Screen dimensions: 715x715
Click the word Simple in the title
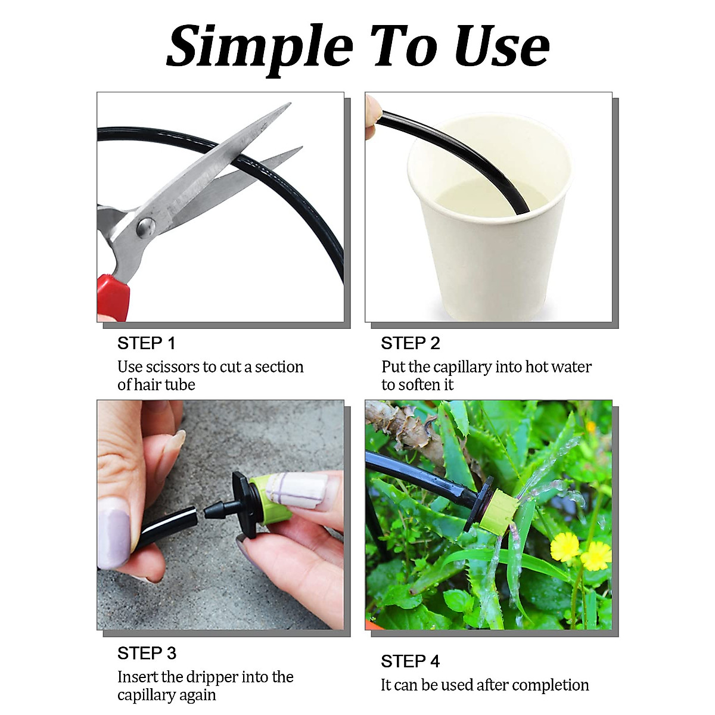pos(260,46)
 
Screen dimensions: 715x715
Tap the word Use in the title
pos(501,46)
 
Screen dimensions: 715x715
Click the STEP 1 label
pos(146,343)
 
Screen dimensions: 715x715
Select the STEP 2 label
pos(410,343)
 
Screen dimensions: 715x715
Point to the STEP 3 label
pos(147,653)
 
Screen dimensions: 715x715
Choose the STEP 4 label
pos(410,661)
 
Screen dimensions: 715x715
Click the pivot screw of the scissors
pos(145,226)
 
